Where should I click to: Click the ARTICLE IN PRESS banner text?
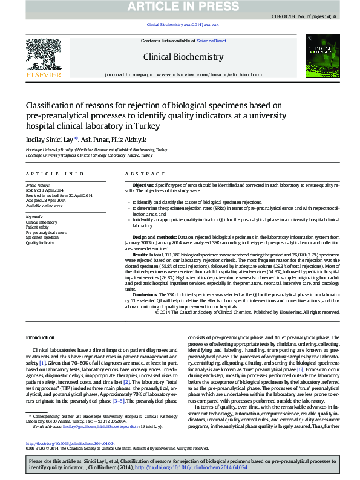(180, 7)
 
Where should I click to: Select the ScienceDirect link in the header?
(212, 41)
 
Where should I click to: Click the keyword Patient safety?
(39, 227)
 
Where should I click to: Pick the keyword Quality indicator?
(40, 242)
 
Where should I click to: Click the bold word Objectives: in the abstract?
(143, 184)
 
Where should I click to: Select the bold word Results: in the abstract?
(140, 256)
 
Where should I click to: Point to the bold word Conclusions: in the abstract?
(145, 293)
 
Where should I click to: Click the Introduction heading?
(42, 337)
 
